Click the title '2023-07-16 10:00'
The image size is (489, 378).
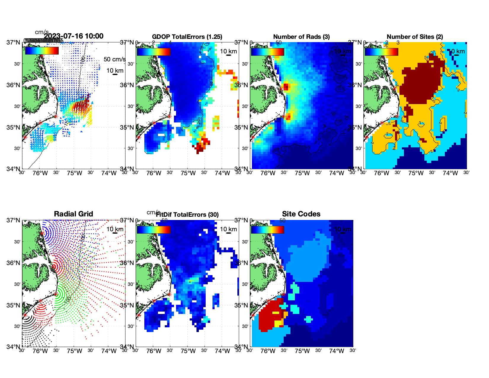coord(73,36)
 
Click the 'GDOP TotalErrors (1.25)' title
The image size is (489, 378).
coord(187,37)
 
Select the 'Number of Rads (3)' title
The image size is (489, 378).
coord(301,37)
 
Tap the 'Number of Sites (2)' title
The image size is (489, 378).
coord(415,37)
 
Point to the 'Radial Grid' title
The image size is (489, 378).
coord(73,214)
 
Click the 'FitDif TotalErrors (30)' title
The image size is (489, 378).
coord(187,215)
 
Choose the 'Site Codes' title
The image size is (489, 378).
coord(301,214)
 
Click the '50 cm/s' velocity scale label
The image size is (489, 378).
coord(114,59)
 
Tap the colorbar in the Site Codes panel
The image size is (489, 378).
coord(267,229)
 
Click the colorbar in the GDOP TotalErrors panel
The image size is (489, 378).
coord(154,52)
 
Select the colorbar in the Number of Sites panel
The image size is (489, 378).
coord(381,52)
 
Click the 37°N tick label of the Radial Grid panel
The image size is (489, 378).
coord(13,220)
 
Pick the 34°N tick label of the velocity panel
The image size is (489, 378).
coord(13,169)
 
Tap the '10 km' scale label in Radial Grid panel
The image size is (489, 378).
coord(115,229)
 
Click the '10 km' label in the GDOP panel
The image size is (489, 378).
coord(228,51)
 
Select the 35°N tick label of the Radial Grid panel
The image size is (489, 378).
coord(13,305)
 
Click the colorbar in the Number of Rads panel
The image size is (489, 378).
coord(267,52)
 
